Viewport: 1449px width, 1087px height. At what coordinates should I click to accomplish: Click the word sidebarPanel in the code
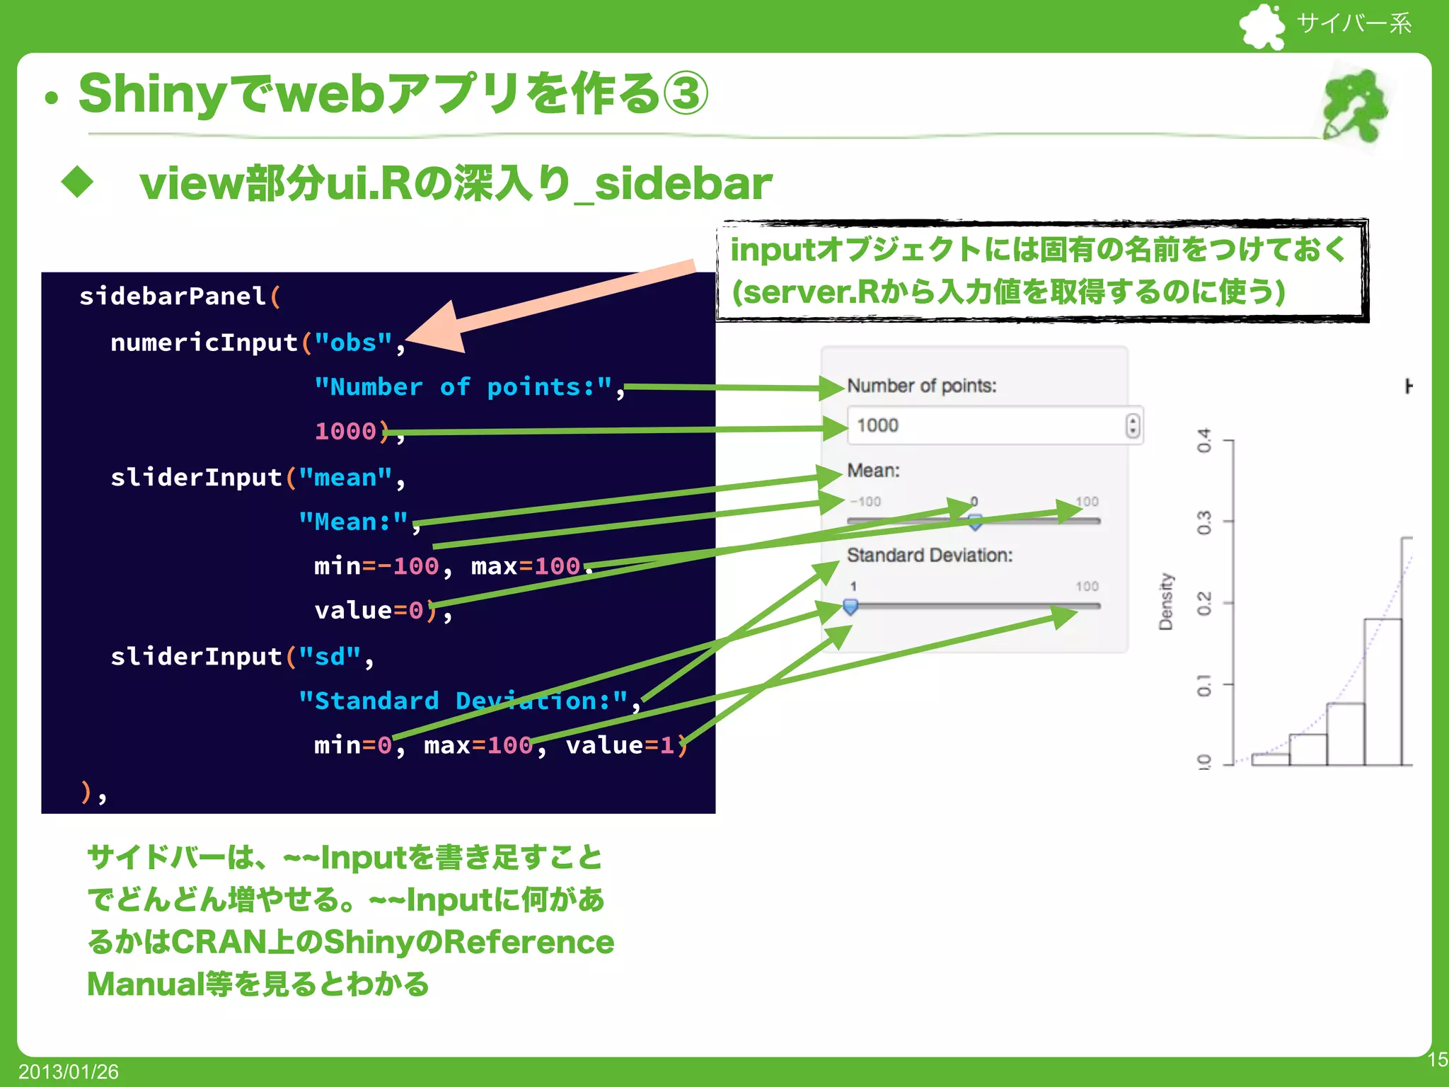(172, 296)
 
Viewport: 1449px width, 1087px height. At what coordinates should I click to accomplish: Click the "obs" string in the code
(353, 343)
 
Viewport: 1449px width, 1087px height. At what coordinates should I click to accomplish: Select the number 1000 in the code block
(345, 431)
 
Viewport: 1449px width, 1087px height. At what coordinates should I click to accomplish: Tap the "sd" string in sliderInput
(329, 657)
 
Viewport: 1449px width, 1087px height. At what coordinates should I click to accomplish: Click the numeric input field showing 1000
(983, 425)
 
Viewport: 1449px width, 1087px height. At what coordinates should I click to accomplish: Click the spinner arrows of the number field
(1133, 425)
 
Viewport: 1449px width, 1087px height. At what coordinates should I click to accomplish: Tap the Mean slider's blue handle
(975, 522)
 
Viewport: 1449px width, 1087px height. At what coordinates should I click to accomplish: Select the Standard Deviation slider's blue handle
(850, 606)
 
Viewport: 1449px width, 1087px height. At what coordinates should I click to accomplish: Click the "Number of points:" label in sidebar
(921, 386)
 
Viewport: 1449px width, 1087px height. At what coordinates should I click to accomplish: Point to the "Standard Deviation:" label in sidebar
(929, 555)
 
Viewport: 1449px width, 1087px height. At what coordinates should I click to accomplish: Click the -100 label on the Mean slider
(865, 502)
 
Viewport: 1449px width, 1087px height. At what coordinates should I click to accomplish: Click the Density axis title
(1165, 602)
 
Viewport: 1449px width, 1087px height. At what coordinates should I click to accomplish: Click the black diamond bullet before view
(77, 183)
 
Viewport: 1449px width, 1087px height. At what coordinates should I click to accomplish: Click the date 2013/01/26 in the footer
(69, 1071)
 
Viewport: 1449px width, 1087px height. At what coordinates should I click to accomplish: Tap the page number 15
(1436, 1059)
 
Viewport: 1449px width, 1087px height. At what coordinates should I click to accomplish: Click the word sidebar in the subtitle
(683, 184)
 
